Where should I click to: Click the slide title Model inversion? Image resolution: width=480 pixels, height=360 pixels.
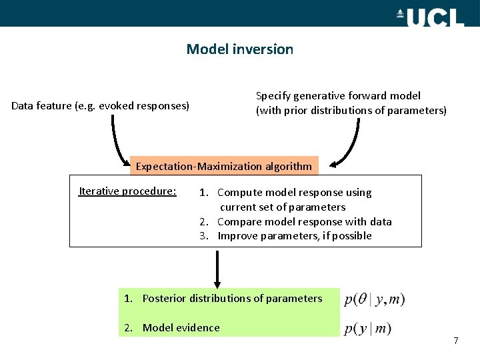click(239, 49)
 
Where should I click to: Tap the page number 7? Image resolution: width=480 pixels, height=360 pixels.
click(455, 341)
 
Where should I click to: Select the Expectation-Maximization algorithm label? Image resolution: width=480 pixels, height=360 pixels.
click(223, 166)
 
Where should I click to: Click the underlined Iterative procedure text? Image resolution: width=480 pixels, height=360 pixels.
click(127, 191)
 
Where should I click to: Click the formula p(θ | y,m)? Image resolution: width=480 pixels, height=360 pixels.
click(374, 299)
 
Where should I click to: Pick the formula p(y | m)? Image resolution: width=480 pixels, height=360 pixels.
click(367, 328)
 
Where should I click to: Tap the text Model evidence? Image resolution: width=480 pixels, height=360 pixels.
click(181, 327)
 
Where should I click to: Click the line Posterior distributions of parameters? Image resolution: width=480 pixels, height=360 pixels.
click(232, 298)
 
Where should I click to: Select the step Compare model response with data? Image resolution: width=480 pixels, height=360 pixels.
click(304, 221)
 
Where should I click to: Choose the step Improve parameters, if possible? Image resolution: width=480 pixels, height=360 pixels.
click(294, 236)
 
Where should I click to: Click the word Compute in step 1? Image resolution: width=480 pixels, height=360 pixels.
click(238, 193)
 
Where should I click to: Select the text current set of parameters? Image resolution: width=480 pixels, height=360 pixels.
click(283, 207)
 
